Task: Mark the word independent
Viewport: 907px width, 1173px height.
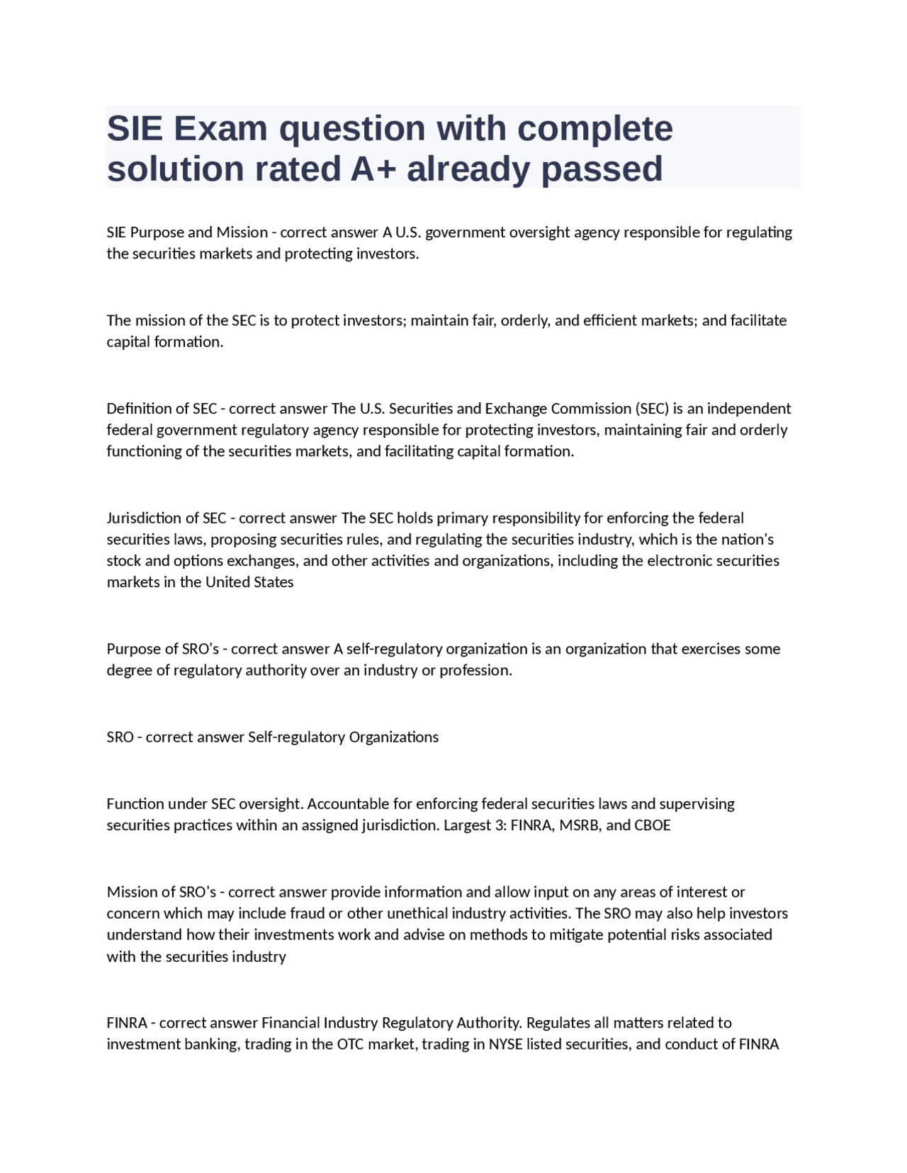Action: (748, 409)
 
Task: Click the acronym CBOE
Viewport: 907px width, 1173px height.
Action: (653, 825)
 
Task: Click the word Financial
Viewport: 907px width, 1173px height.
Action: (291, 1023)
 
